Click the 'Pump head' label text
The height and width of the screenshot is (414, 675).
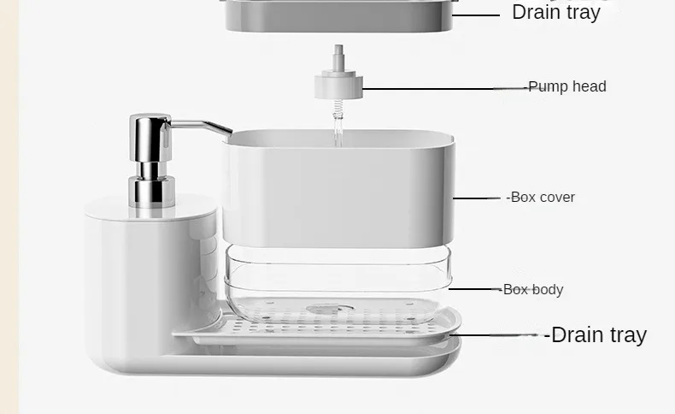click(x=567, y=86)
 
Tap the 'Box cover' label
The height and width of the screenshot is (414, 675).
click(x=543, y=198)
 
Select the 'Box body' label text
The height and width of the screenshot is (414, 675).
click(x=533, y=290)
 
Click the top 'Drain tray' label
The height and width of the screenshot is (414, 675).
click(x=556, y=12)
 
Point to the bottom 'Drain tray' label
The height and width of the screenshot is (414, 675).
click(x=598, y=334)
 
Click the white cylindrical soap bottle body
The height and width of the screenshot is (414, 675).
click(x=137, y=282)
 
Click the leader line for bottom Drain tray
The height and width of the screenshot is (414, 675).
click(x=504, y=334)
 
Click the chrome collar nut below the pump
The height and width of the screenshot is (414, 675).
click(x=151, y=190)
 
